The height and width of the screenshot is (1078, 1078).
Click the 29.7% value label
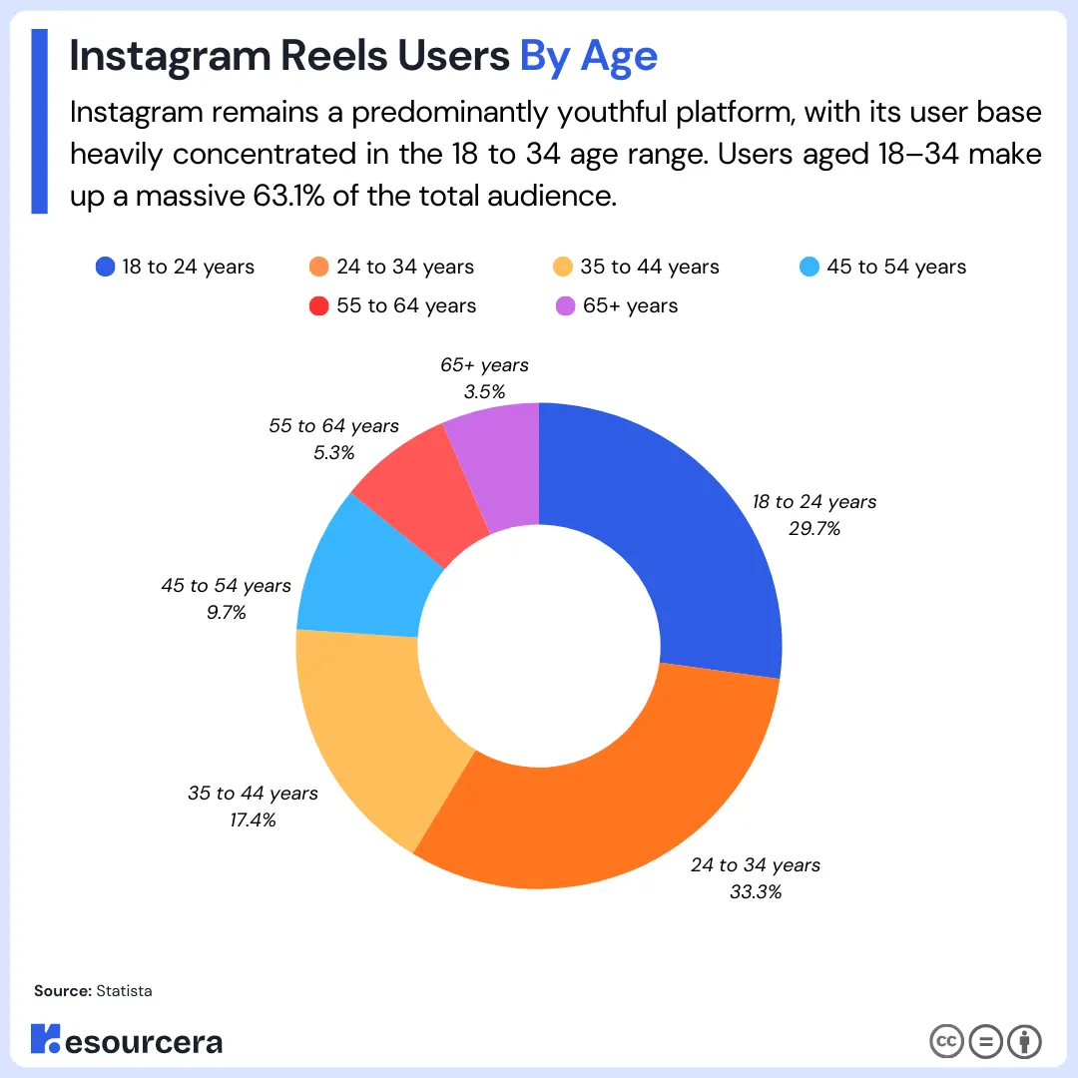click(814, 529)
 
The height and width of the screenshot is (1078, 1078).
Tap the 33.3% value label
click(755, 891)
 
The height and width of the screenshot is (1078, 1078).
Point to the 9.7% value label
click(226, 613)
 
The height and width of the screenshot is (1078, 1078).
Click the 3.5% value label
click(484, 392)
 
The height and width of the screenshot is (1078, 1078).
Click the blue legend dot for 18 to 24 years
click(105, 268)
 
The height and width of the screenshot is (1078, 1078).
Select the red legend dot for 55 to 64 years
click(319, 306)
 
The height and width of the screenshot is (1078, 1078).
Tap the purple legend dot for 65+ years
click(566, 306)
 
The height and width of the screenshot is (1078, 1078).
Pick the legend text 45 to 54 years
click(896, 268)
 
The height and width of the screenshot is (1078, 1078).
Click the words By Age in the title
click(588, 57)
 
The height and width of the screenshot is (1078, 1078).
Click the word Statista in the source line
click(124, 991)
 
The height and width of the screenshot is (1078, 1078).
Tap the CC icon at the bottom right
click(946, 1041)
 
